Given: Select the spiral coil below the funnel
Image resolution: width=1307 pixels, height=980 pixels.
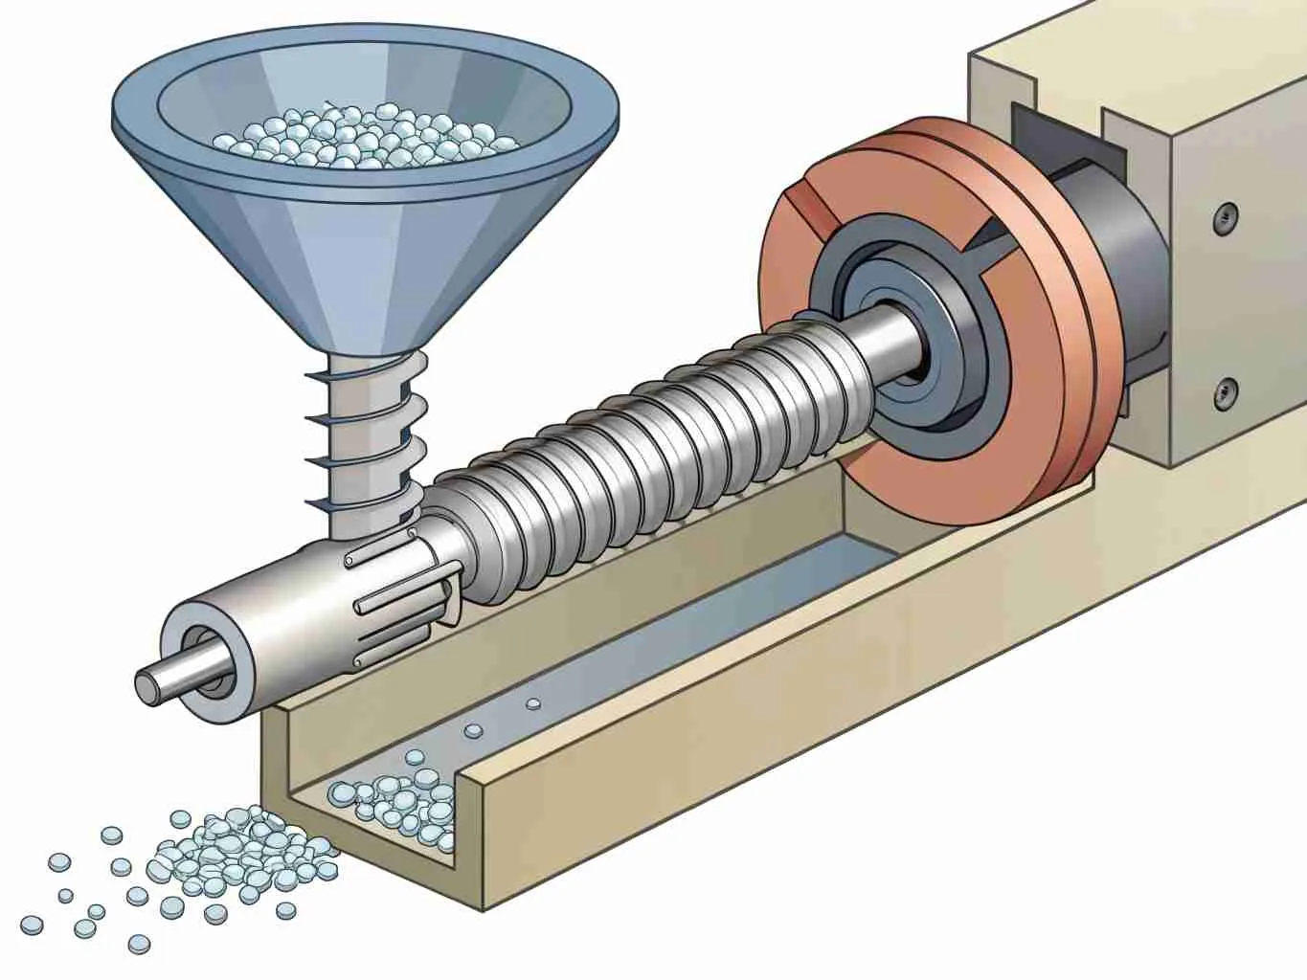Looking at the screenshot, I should tap(369, 421).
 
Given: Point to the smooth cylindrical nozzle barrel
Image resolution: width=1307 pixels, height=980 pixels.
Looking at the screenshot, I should tap(268, 612).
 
